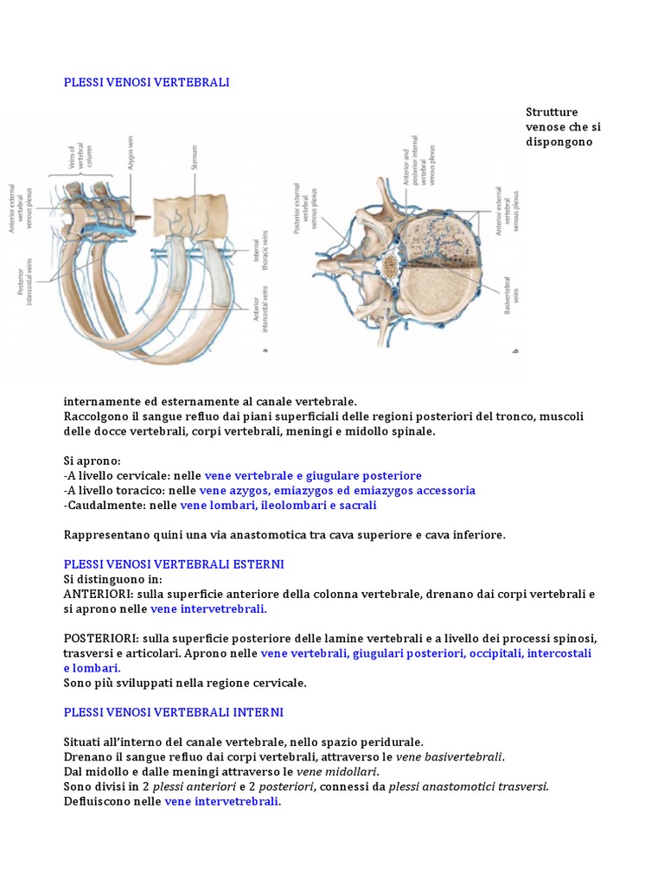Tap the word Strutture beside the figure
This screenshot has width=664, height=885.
(552, 112)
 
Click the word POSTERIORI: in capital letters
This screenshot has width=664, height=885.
(101, 639)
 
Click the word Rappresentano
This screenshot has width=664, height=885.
(105, 535)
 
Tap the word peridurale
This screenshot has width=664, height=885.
(393, 742)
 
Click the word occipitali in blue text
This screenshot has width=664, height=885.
(495, 653)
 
